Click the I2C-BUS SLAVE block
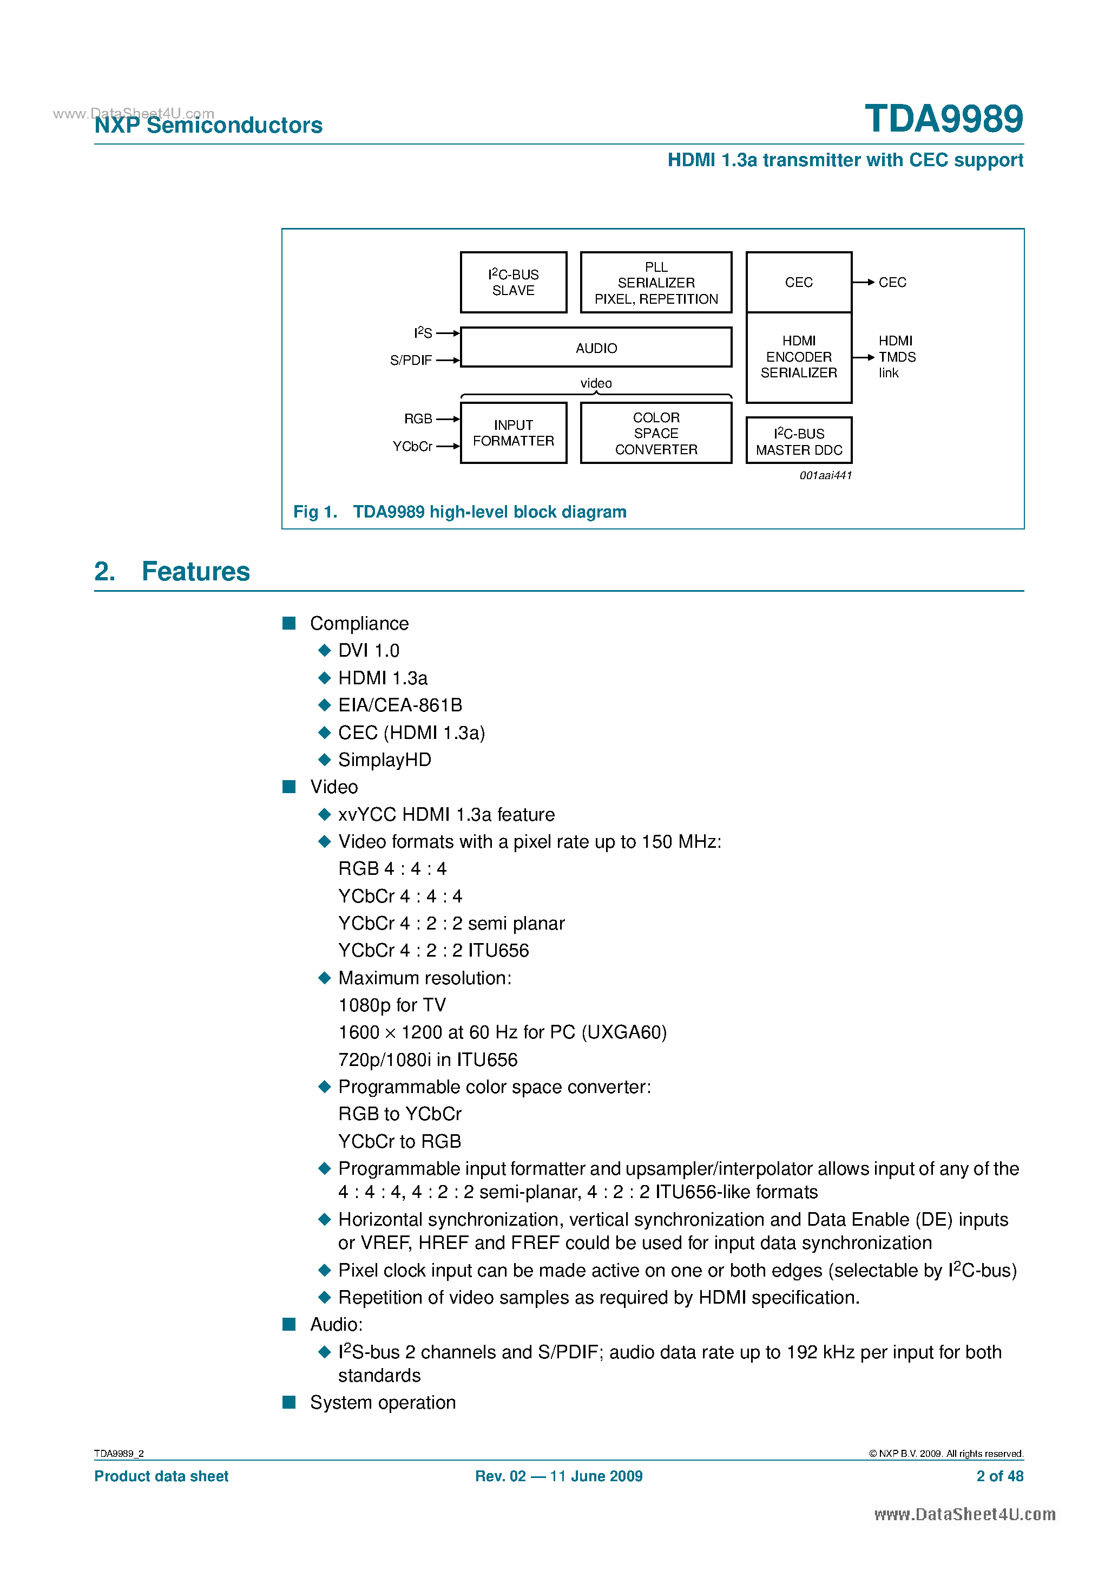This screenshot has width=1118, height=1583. click(x=513, y=282)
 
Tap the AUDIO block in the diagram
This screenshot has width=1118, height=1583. click(x=596, y=348)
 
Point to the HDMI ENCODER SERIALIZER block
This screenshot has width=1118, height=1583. click(x=798, y=357)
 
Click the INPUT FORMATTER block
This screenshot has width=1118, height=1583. click(x=513, y=433)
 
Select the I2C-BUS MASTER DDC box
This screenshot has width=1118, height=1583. click(x=798, y=441)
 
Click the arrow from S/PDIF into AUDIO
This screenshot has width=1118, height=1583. click(x=448, y=360)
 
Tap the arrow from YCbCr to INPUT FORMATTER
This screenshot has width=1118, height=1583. click(x=448, y=446)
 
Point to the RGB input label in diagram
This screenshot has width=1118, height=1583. click(x=418, y=418)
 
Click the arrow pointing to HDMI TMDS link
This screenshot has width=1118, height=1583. click(x=864, y=357)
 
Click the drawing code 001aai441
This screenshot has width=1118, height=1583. click(x=825, y=475)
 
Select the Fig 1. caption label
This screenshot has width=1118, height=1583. click(x=315, y=512)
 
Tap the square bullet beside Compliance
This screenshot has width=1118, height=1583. click(x=289, y=623)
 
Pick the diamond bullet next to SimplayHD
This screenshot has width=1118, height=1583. click(x=325, y=759)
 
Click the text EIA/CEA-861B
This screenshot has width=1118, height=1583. click(x=400, y=705)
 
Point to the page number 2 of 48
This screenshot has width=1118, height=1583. click(x=999, y=1476)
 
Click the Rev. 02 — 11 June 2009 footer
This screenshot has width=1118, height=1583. click(x=558, y=1476)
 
